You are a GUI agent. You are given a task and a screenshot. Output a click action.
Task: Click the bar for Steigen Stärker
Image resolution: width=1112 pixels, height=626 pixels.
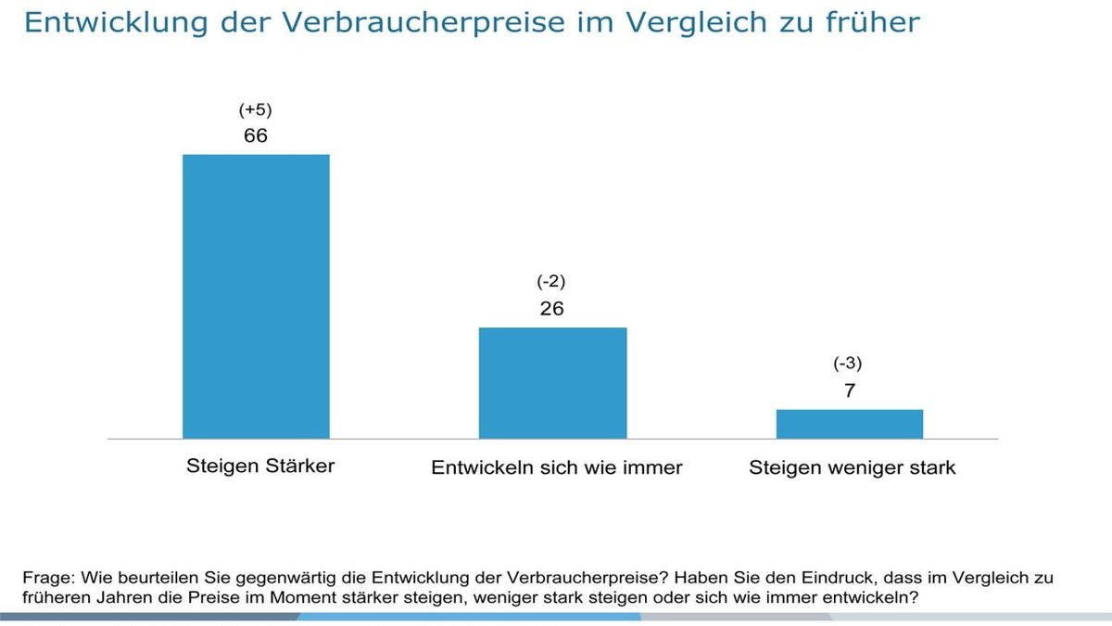[x=256, y=296]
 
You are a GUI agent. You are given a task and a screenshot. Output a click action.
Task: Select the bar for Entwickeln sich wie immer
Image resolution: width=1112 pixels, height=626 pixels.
[x=552, y=382]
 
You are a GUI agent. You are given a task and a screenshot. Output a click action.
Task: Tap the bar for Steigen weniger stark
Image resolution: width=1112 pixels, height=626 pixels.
[x=850, y=423]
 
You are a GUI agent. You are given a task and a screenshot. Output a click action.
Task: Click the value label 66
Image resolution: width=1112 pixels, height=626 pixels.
[x=255, y=135]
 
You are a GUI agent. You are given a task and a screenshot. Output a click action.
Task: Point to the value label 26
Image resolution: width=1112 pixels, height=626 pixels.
[x=551, y=309]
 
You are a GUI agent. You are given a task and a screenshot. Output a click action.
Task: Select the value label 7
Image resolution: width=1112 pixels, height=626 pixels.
[x=850, y=390]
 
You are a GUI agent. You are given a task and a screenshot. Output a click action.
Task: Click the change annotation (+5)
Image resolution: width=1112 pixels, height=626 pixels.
[x=255, y=110]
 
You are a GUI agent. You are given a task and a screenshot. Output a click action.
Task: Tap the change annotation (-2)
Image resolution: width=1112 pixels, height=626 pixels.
[x=551, y=282]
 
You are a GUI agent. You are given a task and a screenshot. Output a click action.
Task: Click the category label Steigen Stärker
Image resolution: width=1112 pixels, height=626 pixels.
[x=260, y=466]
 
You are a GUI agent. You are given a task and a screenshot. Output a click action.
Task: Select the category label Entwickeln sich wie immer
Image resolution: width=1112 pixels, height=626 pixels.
[x=556, y=467]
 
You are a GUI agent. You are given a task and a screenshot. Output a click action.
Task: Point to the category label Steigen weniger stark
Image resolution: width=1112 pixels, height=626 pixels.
[x=852, y=467]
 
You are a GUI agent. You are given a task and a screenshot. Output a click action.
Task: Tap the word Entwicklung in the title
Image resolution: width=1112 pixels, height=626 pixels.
[x=95, y=22]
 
